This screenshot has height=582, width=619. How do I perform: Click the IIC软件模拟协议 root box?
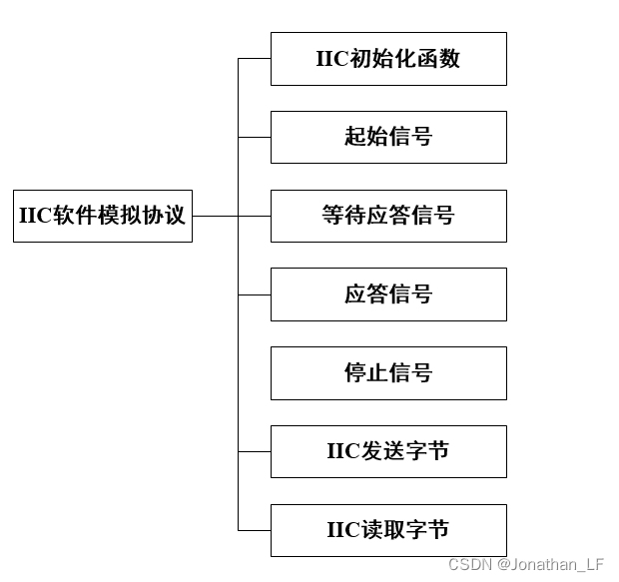(102, 215)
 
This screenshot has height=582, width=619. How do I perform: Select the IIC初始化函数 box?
(388, 59)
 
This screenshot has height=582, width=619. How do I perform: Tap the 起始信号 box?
(388, 137)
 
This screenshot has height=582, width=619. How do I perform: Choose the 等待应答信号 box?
(388, 216)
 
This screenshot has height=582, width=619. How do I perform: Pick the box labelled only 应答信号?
(388, 294)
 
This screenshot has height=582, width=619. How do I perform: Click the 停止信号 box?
(388, 373)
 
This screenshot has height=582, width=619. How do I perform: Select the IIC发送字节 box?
(388, 451)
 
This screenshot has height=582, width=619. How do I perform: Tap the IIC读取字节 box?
(388, 530)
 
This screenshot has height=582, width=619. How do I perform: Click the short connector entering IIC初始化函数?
(254, 59)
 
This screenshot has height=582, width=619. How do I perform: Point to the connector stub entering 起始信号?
(254, 137)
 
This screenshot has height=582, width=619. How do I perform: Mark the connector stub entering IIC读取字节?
(254, 530)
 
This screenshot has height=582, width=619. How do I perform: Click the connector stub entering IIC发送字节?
(254, 451)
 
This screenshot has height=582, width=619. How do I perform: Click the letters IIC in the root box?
(35, 216)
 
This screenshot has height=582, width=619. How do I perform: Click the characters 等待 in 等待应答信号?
(344, 216)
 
